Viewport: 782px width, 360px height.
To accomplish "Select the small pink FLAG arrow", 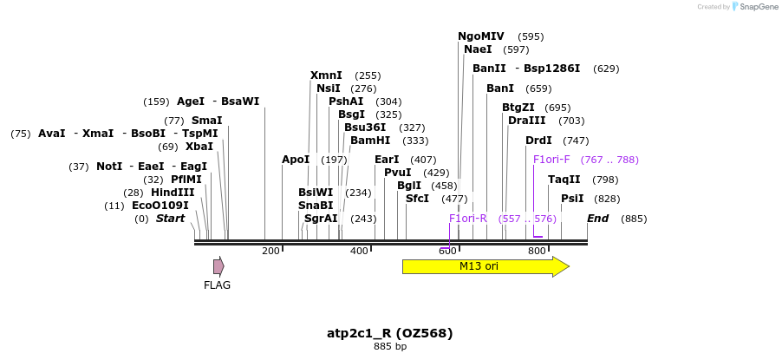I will pyautogui.click(x=218, y=266).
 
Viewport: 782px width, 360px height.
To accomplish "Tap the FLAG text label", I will pyautogui.click(x=217, y=285).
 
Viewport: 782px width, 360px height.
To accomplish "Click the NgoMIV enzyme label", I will pyautogui.click(x=480, y=36).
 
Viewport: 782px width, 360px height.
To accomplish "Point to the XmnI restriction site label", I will pyautogui.click(x=326, y=75).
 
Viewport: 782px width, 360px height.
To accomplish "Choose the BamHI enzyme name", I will pyautogui.click(x=370, y=141).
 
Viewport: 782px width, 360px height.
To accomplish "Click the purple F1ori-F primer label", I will pyautogui.click(x=551, y=160).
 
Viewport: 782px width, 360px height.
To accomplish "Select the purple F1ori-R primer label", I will pyautogui.click(x=468, y=219).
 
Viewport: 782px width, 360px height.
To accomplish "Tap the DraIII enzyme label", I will pyautogui.click(x=527, y=121).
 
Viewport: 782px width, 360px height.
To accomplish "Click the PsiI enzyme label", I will pyautogui.click(x=572, y=199).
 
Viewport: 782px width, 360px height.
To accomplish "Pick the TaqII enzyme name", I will pyautogui.click(x=564, y=180).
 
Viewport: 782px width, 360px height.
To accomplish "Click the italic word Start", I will pyautogui.click(x=170, y=219).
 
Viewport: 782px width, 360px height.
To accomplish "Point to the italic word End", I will pyautogui.click(x=598, y=219).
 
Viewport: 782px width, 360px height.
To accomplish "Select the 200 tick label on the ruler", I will pyautogui.click(x=270, y=251).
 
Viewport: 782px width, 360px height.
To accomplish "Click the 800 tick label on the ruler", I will pyautogui.click(x=536, y=251).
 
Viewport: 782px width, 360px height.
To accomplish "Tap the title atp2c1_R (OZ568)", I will pyautogui.click(x=390, y=333).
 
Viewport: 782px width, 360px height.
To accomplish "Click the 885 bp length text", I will pyautogui.click(x=390, y=347).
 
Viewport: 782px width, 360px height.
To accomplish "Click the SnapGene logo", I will pyautogui.click(x=754, y=7).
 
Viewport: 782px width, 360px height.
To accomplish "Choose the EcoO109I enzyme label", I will pyautogui.click(x=160, y=206).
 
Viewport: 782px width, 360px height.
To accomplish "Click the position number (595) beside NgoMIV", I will pyautogui.click(x=531, y=36).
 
